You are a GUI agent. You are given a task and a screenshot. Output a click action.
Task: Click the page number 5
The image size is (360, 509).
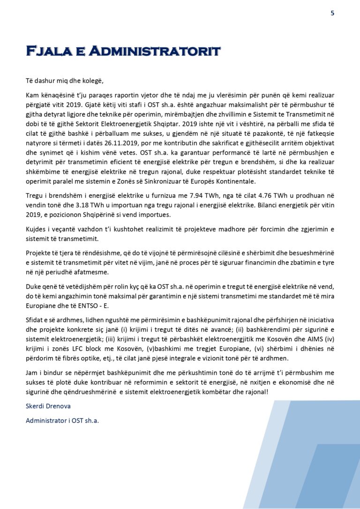332,13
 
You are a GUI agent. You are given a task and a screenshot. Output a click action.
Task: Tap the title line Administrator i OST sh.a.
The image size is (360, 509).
62,420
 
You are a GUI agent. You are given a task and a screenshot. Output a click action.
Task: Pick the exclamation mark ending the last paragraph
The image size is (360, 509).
267,391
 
